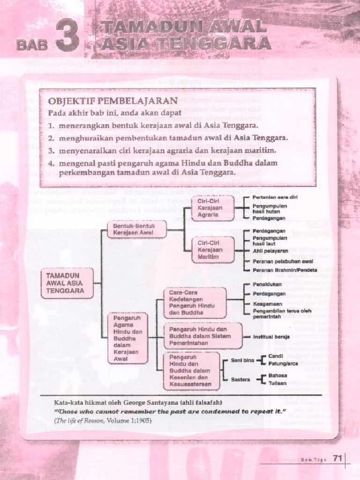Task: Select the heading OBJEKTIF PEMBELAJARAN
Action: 112,100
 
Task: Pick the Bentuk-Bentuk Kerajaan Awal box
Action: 136,229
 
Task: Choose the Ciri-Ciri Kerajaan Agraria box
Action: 212,208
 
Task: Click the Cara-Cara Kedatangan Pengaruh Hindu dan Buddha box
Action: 195,302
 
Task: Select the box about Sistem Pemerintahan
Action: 202,336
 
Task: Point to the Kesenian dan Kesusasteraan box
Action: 191,371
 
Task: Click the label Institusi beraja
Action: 271,337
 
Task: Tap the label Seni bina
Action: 242,360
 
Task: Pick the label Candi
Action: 276,356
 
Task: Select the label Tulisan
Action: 277,383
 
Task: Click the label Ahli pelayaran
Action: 270,251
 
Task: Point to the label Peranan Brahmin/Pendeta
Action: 285,270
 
